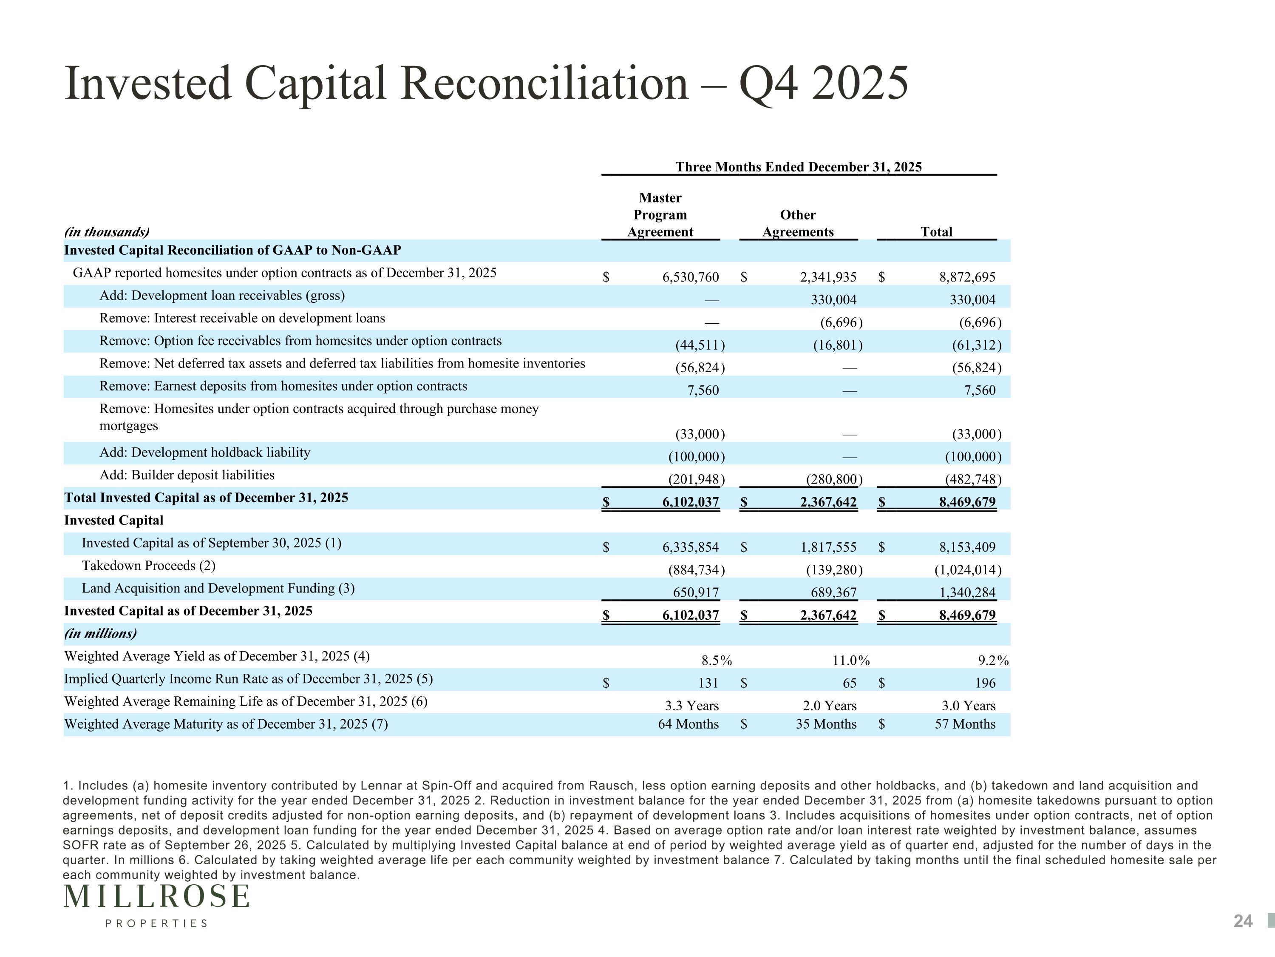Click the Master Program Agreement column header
point(660,215)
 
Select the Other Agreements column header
point(798,223)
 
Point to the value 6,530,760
point(691,277)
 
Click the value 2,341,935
point(828,277)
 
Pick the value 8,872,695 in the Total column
point(967,277)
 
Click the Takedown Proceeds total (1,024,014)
point(968,570)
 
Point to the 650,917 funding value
point(696,592)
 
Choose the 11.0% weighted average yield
point(851,661)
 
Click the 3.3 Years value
point(691,706)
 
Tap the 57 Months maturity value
point(965,724)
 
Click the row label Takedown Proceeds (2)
point(149,565)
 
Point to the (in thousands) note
point(107,232)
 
